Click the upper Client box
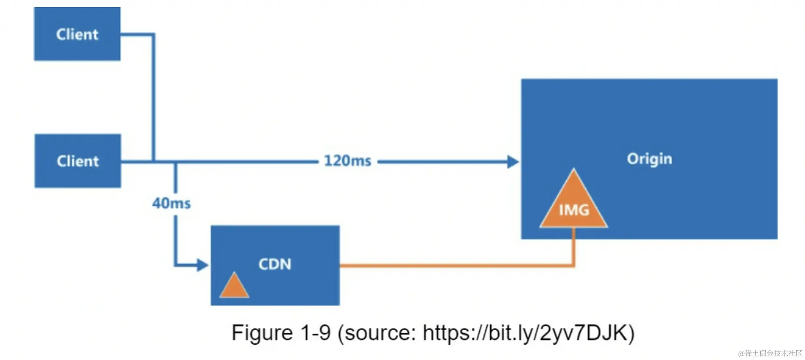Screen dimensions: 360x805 [77, 34]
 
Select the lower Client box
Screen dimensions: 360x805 [77, 161]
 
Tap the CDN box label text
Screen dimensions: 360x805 [275, 264]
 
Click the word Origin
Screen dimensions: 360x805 [649, 159]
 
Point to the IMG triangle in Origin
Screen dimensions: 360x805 [574, 203]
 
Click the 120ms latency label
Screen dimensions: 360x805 [348, 161]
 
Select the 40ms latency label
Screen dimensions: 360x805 [171, 203]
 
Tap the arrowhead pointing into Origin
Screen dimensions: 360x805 [513, 162]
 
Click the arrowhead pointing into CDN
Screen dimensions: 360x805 [202, 265]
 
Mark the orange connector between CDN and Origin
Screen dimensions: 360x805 [455, 265]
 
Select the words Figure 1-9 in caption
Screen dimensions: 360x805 [281, 333]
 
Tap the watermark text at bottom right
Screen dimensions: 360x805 [770, 353]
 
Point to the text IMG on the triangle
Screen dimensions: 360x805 [574, 210]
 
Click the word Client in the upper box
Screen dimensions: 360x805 [77, 35]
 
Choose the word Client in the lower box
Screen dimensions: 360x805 [78, 161]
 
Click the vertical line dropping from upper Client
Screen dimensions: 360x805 [153, 97]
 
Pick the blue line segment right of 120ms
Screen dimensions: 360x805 [443, 162]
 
